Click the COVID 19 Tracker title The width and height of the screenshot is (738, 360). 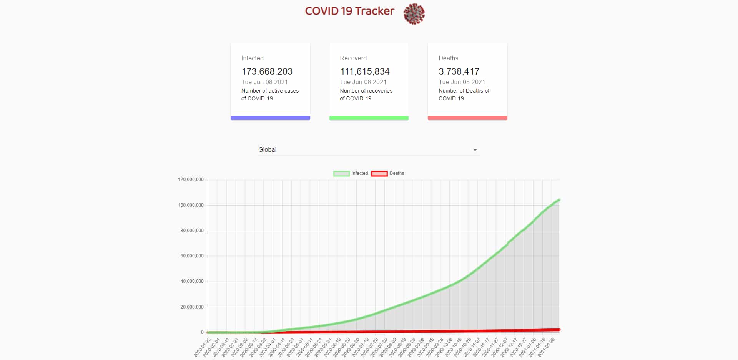(349, 11)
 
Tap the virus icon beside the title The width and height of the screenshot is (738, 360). (414, 14)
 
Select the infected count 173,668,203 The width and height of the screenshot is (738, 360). (267, 71)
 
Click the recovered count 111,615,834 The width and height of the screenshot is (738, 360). (365, 71)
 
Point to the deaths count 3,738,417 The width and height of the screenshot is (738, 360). (459, 71)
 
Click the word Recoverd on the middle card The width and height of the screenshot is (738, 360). (353, 58)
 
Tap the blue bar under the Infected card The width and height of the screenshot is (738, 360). (270, 118)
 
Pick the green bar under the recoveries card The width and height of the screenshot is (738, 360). (369, 118)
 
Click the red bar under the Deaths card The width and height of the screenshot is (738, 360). (467, 118)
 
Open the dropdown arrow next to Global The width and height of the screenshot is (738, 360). (475, 150)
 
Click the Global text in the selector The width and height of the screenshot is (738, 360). (267, 150)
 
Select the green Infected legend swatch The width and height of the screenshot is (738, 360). (341, 174)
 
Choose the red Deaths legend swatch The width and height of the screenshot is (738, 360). (379, 174)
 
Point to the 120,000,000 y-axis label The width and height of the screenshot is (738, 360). (191, 179)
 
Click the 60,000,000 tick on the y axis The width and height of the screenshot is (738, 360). (192, 256)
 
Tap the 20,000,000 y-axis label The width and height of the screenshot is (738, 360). (192, 307)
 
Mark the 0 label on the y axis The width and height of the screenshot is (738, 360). (202, 332)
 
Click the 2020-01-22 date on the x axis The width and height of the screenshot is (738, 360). (203, 347)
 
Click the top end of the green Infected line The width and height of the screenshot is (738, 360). (559, 200)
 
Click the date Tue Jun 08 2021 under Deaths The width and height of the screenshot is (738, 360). (462, 82)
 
